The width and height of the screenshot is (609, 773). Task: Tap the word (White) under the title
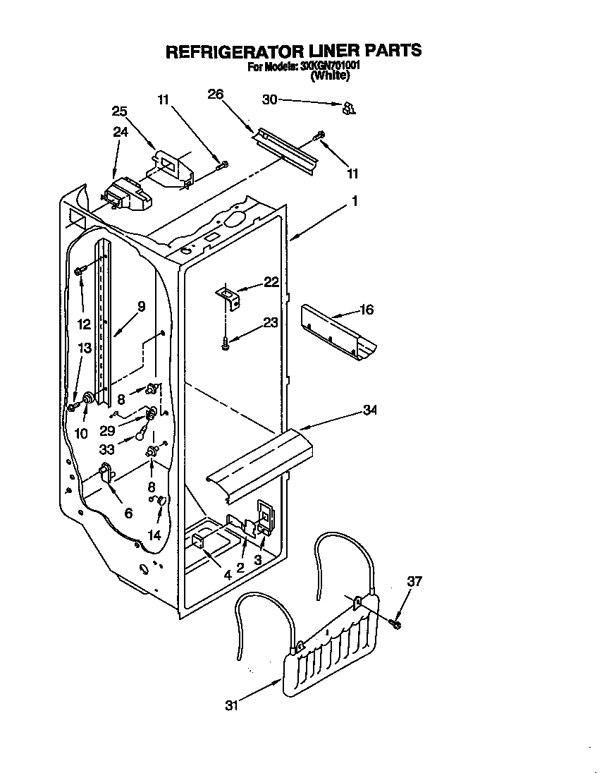point(330,77)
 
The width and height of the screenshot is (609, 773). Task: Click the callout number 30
point(269,99)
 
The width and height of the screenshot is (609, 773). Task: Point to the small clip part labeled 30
point(347,108)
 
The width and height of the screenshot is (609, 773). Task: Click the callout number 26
point(216,94)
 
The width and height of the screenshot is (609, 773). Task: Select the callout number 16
point(367,310)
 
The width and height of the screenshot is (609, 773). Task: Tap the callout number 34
point(369,410)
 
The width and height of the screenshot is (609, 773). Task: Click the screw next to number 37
point(396,623)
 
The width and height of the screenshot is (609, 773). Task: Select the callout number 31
point(233,705)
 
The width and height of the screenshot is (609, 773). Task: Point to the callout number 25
point(120,111)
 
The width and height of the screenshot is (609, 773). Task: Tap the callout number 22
point(271,282)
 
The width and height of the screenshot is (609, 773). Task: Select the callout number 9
point(142,306)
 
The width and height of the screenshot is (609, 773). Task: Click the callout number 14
point(154,535)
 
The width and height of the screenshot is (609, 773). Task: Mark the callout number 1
point(355,201)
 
